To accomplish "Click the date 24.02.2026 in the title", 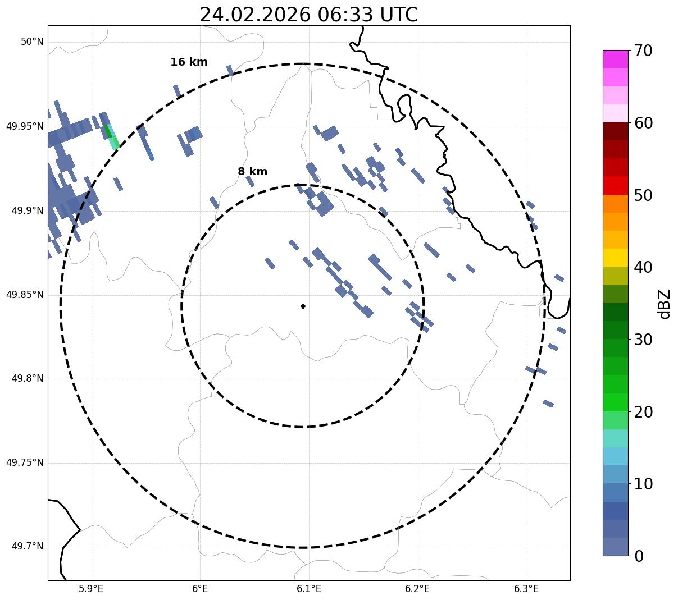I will click(254, 15).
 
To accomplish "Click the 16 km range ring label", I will click(189, 62).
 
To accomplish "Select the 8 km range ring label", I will click(252, 172).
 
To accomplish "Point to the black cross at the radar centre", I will click(303, 306).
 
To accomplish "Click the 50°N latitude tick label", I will click(32, 42).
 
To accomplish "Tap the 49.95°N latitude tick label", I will click(25, 126).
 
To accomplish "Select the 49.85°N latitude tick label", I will click(25, 295).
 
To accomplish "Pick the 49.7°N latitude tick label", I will click(28, 547).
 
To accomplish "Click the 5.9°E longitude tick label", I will click(91, 589).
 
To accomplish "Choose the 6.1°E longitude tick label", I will click(308, 589).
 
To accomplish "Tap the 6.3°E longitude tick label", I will click(526, 589).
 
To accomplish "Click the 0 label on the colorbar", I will click(639, 556).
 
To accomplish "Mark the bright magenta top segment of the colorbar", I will click(615, 59).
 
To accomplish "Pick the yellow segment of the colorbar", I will click(615, 258).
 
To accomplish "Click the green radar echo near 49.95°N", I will click(107, 131).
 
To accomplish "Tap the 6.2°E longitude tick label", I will click(417, 589).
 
